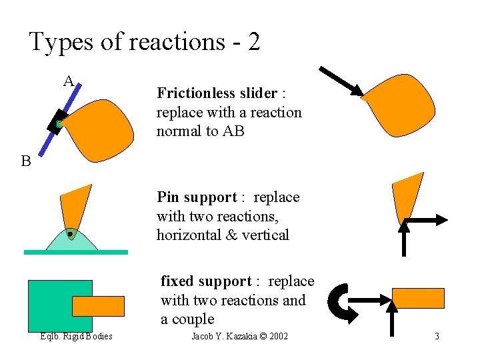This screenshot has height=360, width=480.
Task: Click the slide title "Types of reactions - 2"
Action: (x=144, y=42)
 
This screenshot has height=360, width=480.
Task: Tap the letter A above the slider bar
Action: (x=69, y=82)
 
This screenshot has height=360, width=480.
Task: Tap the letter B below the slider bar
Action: (x=26, y=161)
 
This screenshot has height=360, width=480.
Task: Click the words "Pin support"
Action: (x=197, y=197)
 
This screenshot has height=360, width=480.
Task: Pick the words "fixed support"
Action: (x=206, y=281)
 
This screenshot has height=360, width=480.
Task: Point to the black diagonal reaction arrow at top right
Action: (x=341, y=81)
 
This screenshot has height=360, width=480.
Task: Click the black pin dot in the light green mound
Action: (x=70, y=234)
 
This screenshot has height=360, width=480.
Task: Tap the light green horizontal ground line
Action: (x=75, y=252)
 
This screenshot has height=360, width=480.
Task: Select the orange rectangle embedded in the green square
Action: (x=98, y=306)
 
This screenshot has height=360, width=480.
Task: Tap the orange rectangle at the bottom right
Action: (x=418, y=298)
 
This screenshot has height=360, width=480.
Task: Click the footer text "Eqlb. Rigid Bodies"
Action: (x=75, y=336)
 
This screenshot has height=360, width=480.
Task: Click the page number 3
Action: (x=437, y=336)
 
